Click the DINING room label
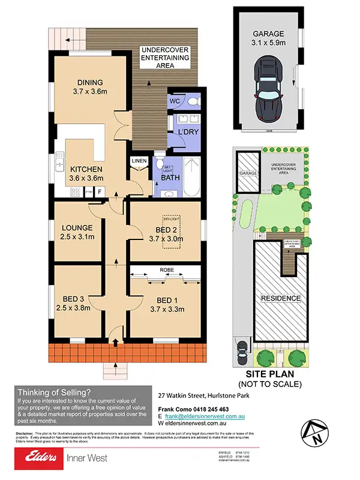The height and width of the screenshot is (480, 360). pyautogui.click(x=90, y=88)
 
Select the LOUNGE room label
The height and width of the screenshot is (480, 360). pyautogui.click(x=76, y=232)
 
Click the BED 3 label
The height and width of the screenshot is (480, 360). pyautogui.click(x=76, y=304)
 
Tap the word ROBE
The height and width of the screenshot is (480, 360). pyautogui.click(x=166, y=270)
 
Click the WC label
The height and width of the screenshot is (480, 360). pyautogui.click(x=174, y=101)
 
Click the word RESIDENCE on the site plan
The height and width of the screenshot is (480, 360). pyautogui.click(x=280, y=298)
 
